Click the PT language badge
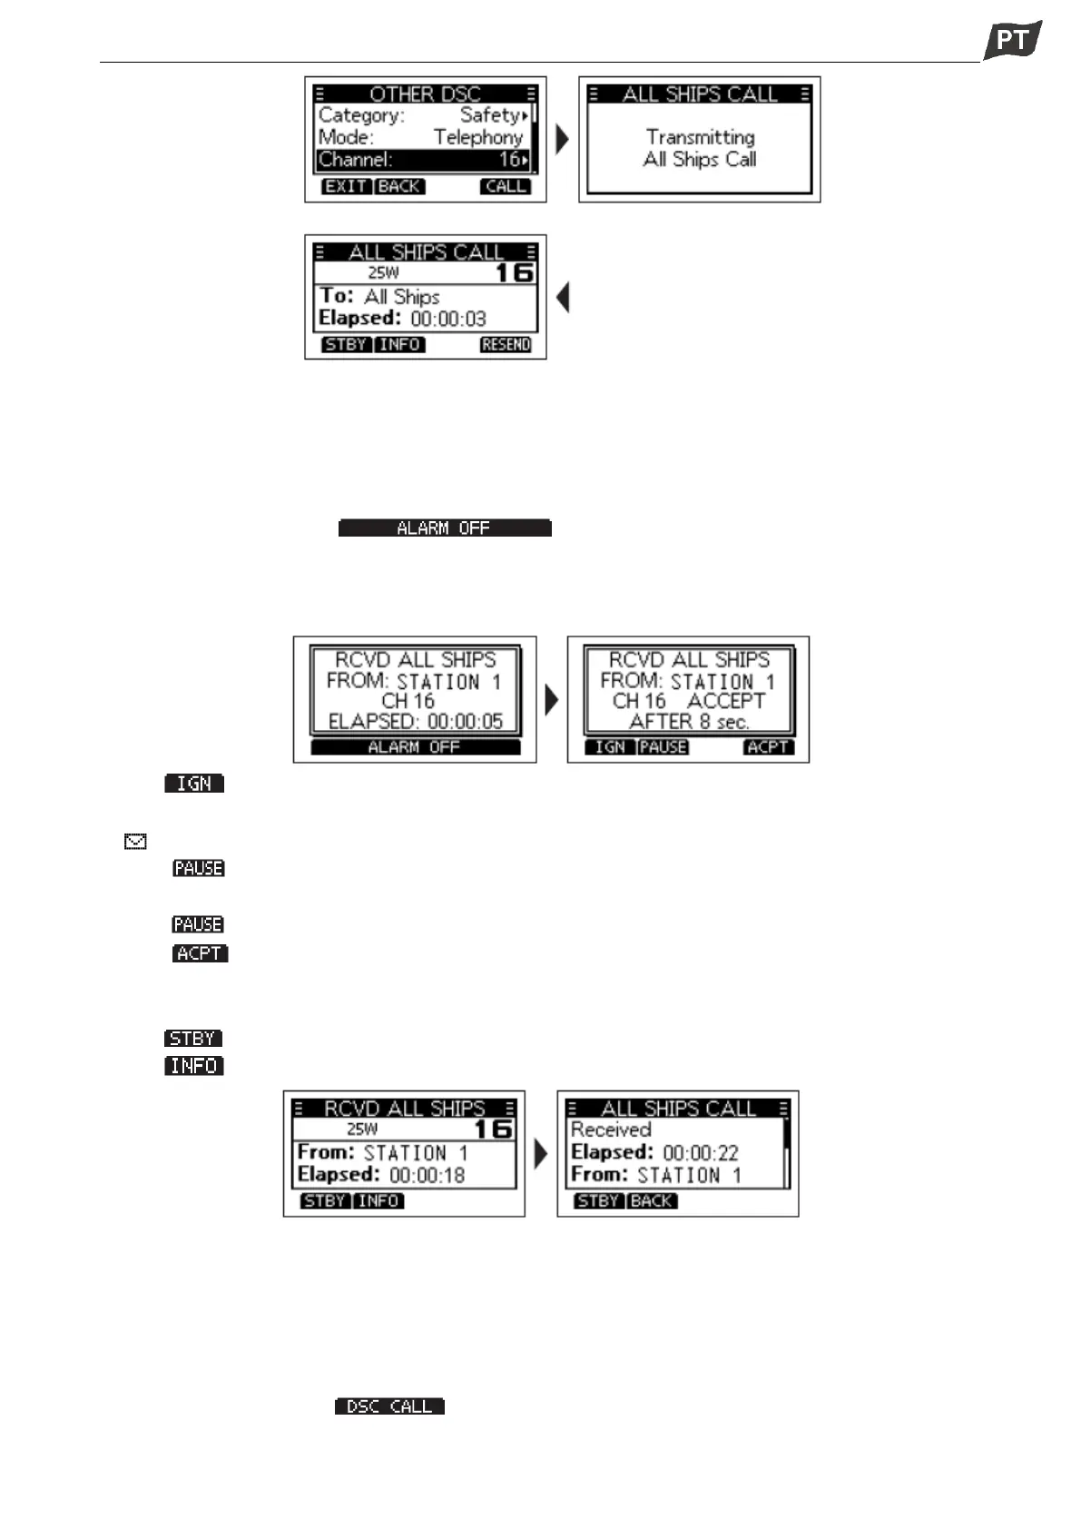(1012, 40)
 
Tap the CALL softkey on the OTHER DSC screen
(506, 186)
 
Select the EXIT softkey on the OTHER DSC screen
(346, 186)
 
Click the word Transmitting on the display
(700, 137)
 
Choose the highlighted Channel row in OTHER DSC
(423, 160)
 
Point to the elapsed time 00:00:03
(448, 319)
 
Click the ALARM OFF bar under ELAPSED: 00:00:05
(415, 747)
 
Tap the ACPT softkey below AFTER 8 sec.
(768, 747)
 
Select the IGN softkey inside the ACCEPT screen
(610, 747)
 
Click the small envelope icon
(135, 843)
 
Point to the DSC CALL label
(389, 1406)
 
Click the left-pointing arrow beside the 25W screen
(563, 297)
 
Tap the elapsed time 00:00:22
(700, 1153)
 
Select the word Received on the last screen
(611, 1129)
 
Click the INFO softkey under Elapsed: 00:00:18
(378, 1201)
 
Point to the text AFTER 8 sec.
(689, 723)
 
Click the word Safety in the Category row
(489, 115)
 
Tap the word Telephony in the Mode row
(478, 137)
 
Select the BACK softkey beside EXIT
(399, 186)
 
